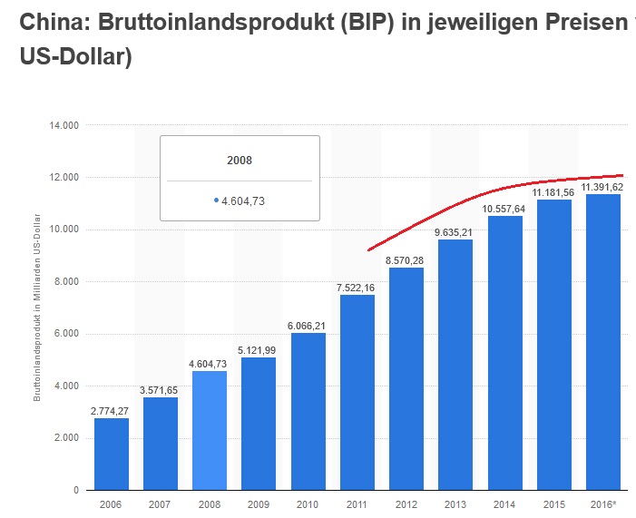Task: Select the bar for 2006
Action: point(112,454)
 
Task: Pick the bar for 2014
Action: point(504,353)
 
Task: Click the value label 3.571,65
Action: point(160,390)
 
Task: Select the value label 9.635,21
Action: point(455,232)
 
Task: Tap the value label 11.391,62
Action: point(602,187)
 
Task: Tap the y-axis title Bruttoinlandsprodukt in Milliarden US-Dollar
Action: point(37,309)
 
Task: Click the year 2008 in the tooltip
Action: point(240,161)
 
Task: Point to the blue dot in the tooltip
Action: point(216,200)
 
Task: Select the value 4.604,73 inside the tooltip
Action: point(243,200)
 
